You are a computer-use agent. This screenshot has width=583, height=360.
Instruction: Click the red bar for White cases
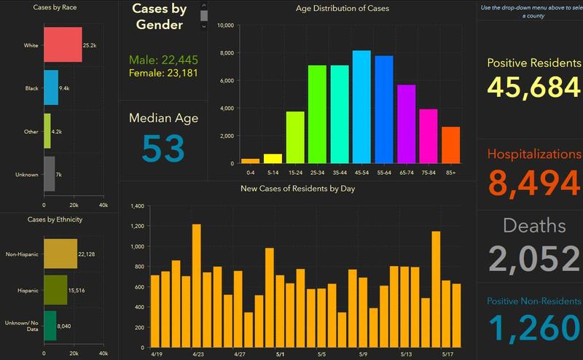click(x=63, y=44)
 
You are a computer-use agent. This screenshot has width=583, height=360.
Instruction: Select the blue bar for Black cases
click(x=51, y=88)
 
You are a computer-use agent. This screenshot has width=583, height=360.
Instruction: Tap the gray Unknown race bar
click(x=49, y=174)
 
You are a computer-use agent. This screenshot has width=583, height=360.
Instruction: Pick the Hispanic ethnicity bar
click(x=55, y=290)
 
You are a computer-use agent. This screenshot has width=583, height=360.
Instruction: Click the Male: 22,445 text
click(x=163, y=60)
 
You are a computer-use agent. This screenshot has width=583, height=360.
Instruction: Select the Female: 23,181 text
click(x=163, y=73)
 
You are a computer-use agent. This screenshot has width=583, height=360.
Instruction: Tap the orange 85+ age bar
click(x=450, y=145)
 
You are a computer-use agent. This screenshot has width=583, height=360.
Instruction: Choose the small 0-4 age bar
click(x=250, y=161)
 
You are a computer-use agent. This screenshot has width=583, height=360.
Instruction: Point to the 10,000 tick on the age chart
click(x=225, y=26)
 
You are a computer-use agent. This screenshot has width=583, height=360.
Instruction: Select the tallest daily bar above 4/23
click(x=197, y=284)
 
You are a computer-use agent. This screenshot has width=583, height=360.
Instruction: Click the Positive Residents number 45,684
click(x=534, y=87)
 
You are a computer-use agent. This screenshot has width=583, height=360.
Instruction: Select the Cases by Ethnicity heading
click(x=58, y=219)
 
